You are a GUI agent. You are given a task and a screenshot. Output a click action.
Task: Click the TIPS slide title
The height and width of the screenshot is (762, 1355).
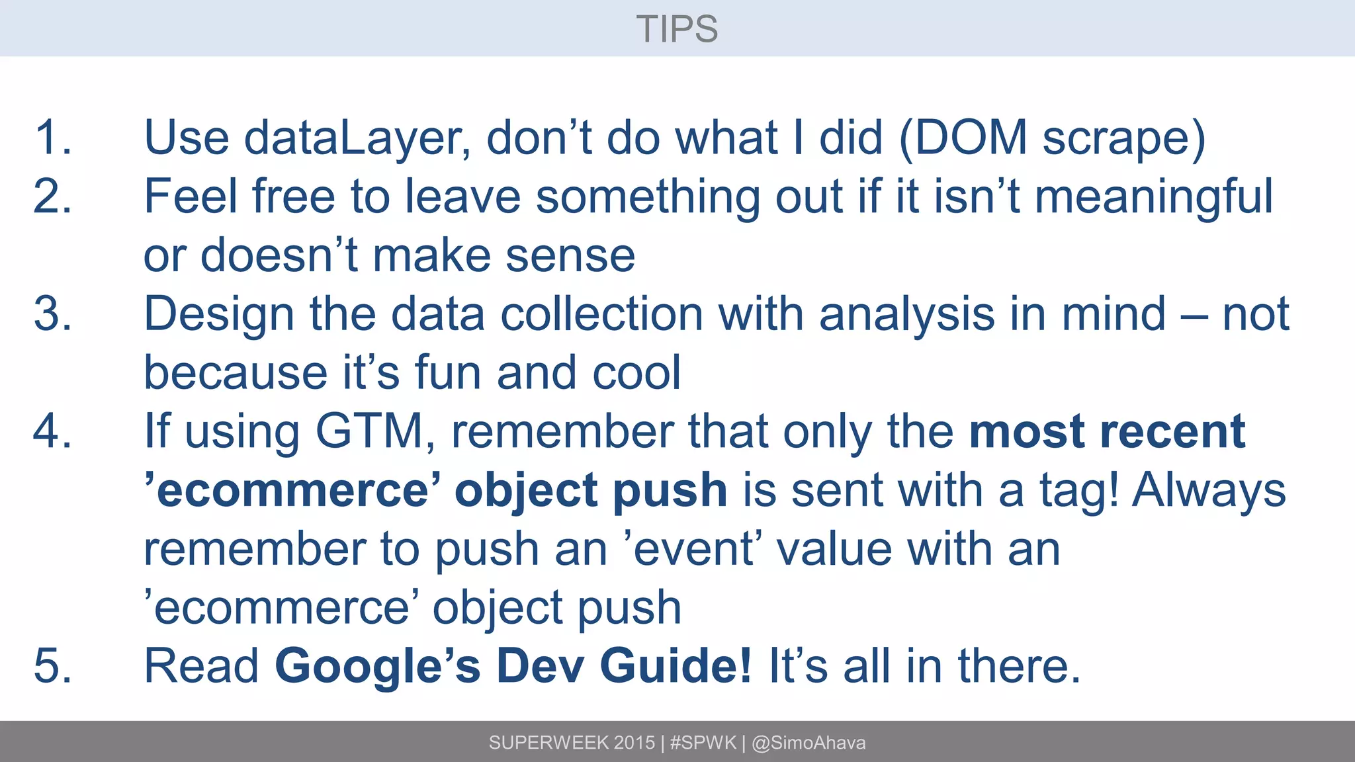click(x=677, y=29)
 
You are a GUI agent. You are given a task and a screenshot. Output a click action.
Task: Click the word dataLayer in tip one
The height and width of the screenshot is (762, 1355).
click(x=357, y=138)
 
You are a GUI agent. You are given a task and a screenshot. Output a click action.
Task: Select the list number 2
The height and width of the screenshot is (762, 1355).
click(x=52, y=196)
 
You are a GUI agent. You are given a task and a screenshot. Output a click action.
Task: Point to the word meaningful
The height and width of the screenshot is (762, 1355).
click(x=1153, y=197)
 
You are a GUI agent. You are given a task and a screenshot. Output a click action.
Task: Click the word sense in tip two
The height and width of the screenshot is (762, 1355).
click(x=570, y=255)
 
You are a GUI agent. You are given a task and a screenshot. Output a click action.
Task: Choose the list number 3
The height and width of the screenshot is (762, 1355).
click(x=52, y=314)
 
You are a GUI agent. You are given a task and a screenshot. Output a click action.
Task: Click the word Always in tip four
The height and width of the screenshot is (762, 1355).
click(x=1209, y=490)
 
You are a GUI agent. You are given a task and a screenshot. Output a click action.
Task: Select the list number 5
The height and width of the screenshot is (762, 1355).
click(x=52, y=665)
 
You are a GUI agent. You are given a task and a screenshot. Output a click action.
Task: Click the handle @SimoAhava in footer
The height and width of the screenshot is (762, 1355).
click(x=809, y=743)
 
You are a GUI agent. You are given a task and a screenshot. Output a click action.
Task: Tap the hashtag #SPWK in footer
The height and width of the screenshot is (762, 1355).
click(x=703, y=743)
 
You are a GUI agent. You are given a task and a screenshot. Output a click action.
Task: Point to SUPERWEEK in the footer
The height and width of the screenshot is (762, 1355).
click(x=548, y=743)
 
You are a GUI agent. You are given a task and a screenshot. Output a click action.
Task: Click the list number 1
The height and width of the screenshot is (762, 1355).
click(x=52, y=138)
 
